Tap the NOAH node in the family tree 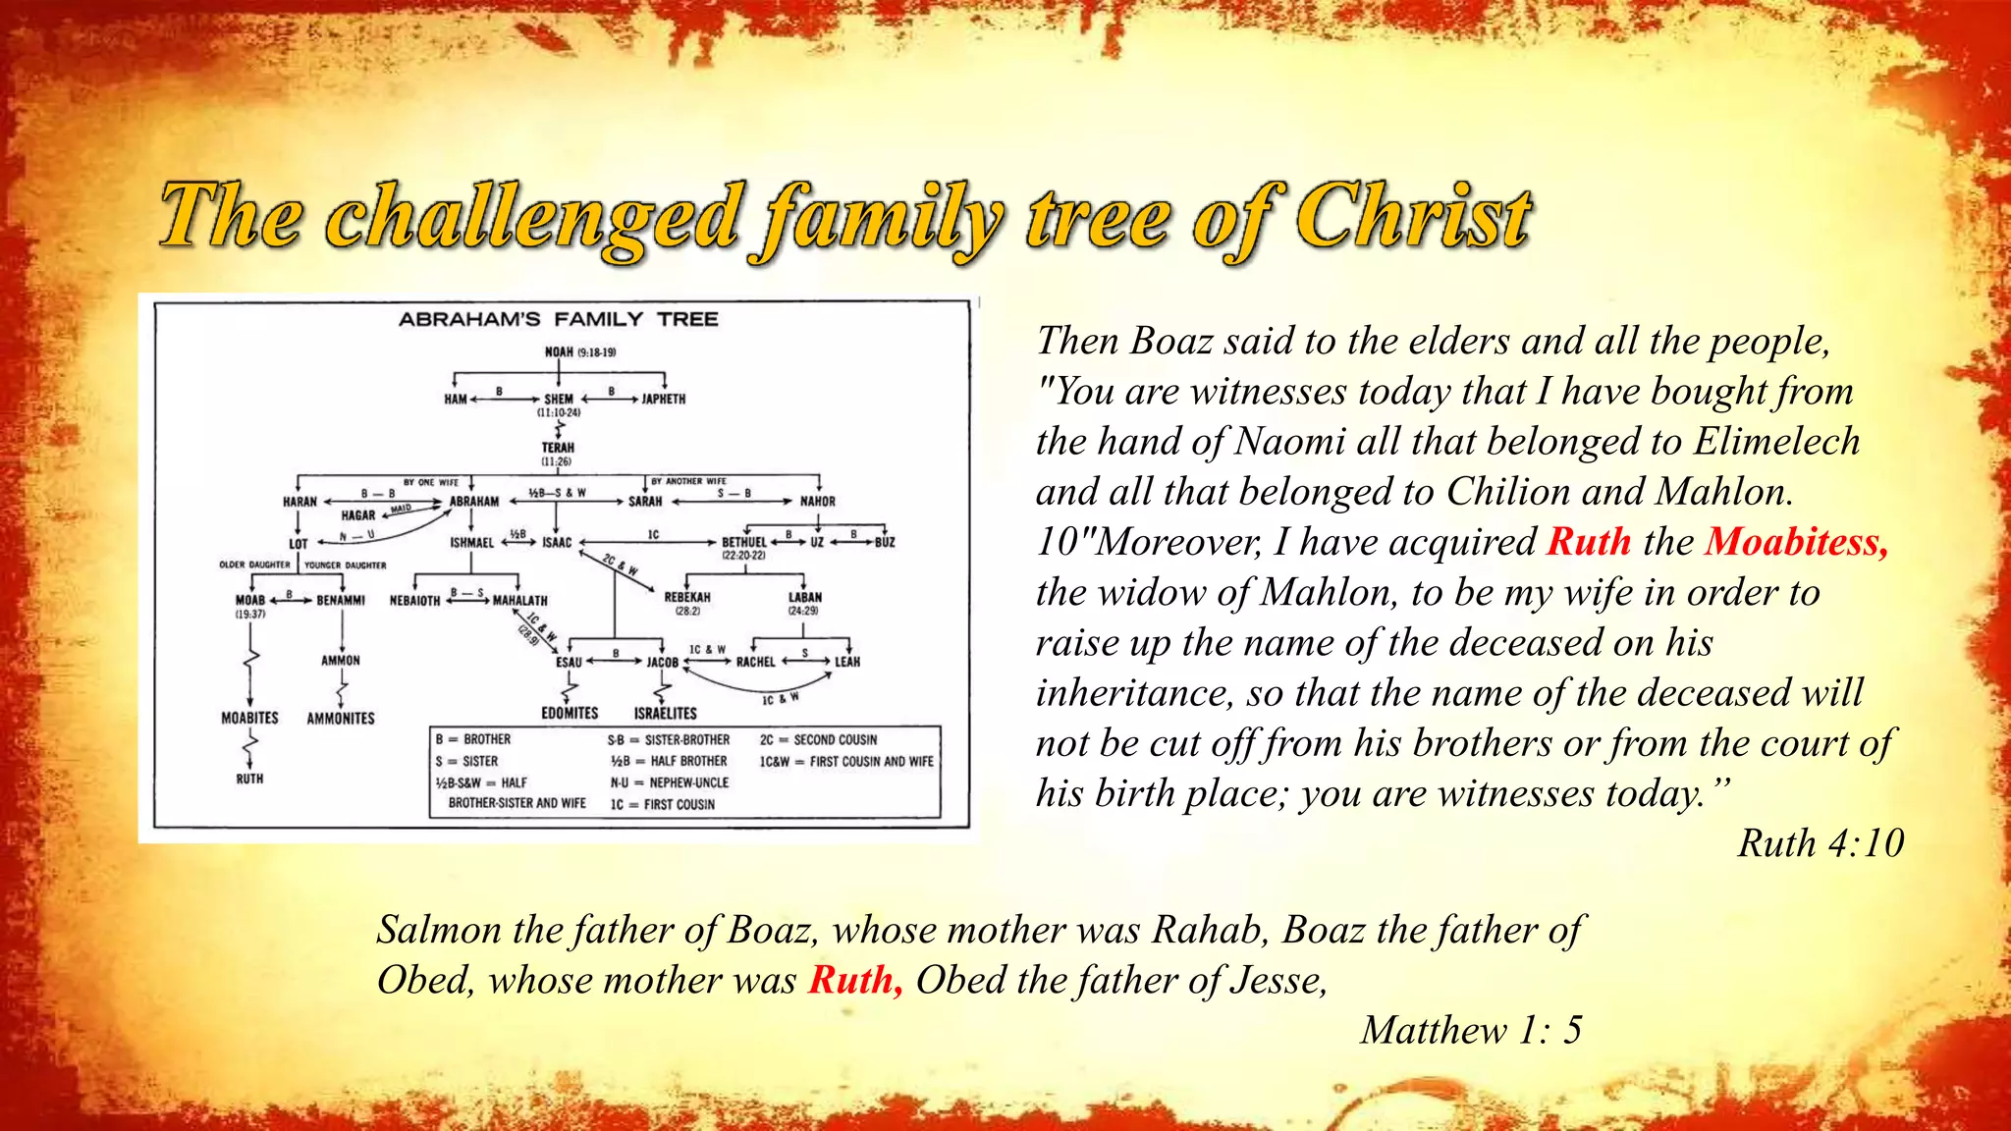[x=559, y=351]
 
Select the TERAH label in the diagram [x=558, y=448]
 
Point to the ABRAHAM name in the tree [x=474, y=502]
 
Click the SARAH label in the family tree [x=645, y=502]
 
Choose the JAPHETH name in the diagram [x=664, y=400]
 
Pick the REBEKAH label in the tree [x=687, y=597]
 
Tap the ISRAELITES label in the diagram [x=665, y=714]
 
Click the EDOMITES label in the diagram [x=570, y=714]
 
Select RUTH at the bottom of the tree [x=249, y=779]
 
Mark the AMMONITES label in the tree [x=341, y=719]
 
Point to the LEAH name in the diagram [x=847, y=663]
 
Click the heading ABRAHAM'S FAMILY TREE [x=558, y=319]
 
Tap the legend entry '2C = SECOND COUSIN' [x=818, y=739]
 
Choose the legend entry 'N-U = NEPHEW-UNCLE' [x=670, y=782]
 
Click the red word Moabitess [x=1796, y=542]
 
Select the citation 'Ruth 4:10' [x=1821, y=843]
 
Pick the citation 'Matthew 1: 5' [x=1471, y=1030]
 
